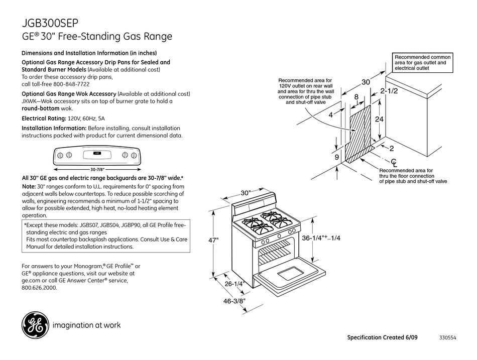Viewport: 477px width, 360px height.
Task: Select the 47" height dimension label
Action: pyautogui.click(x=214, y=241)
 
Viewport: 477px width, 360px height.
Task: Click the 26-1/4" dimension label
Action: pyautogui.click(x=234, y=284)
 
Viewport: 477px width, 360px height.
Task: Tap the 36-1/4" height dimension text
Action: pyautogui.click(x=321, y=238)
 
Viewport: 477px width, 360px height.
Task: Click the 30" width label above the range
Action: pyautogui.click(x=245, y=193)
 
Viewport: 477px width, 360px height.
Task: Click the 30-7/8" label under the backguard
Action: pyautogui.click(x=97, y=169)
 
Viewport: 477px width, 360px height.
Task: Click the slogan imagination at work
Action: pyautogui.click(x=86, y=325)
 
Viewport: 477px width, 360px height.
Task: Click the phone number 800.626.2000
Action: pyautogui.click(x=39, y=288)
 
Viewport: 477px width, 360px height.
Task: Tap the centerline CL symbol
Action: pyautogui.click(x=394, y=162)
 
